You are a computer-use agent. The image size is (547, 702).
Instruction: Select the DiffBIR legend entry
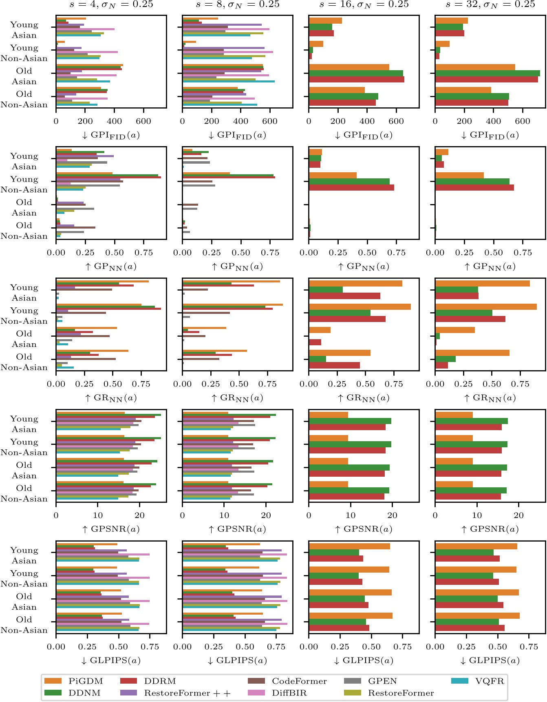coord(289,693)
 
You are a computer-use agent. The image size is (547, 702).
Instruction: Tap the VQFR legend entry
coord(489,681)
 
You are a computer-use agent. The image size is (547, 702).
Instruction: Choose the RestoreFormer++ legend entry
coord(187,693)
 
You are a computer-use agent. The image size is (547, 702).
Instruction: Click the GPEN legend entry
coord(382,681)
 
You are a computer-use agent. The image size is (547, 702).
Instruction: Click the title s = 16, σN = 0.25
coord(364,4)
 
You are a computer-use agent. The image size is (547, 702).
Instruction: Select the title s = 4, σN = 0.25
coord(111,4)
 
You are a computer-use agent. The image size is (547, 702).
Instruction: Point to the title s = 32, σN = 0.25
coord(490,4)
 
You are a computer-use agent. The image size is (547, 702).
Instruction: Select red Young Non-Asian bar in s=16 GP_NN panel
coord(351,187)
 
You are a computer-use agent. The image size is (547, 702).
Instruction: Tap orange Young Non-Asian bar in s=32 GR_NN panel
coord(485,307)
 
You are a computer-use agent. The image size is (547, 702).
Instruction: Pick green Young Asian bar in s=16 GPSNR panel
coord(350,421)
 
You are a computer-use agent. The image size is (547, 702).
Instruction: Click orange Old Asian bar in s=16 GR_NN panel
coord(320,330)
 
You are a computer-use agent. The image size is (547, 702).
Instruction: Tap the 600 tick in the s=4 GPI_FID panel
coord(143,121)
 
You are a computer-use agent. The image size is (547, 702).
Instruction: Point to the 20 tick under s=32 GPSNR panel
coord(518,515)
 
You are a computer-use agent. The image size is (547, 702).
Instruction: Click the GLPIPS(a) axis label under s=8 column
coord(237,660)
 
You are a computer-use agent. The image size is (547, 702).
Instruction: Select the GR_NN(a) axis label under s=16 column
coord(364,398)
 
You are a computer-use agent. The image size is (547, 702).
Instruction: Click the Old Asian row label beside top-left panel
coord(24,76)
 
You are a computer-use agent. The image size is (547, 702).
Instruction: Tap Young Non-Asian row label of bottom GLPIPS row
coord(24,578)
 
